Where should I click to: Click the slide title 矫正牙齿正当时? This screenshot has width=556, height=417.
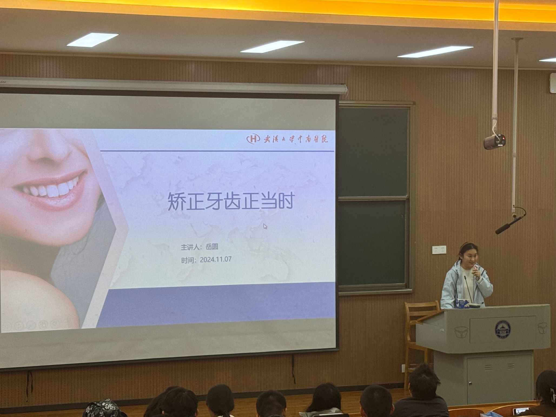(231, 201)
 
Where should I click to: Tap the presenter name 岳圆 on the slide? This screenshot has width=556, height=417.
(212, 247)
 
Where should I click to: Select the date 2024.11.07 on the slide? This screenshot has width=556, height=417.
(216, 259)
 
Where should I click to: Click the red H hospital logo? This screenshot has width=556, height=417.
(253, 139)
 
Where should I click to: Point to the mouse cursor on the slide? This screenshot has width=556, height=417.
(265, 226)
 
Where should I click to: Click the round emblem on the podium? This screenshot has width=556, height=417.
(502, 330)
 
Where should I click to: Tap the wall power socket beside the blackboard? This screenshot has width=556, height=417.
(439, 250)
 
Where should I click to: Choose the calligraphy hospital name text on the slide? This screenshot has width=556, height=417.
(296, 139)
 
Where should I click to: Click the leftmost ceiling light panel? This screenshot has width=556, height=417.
(92, 39)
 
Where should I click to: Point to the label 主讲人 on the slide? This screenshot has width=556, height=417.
(190, 247)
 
